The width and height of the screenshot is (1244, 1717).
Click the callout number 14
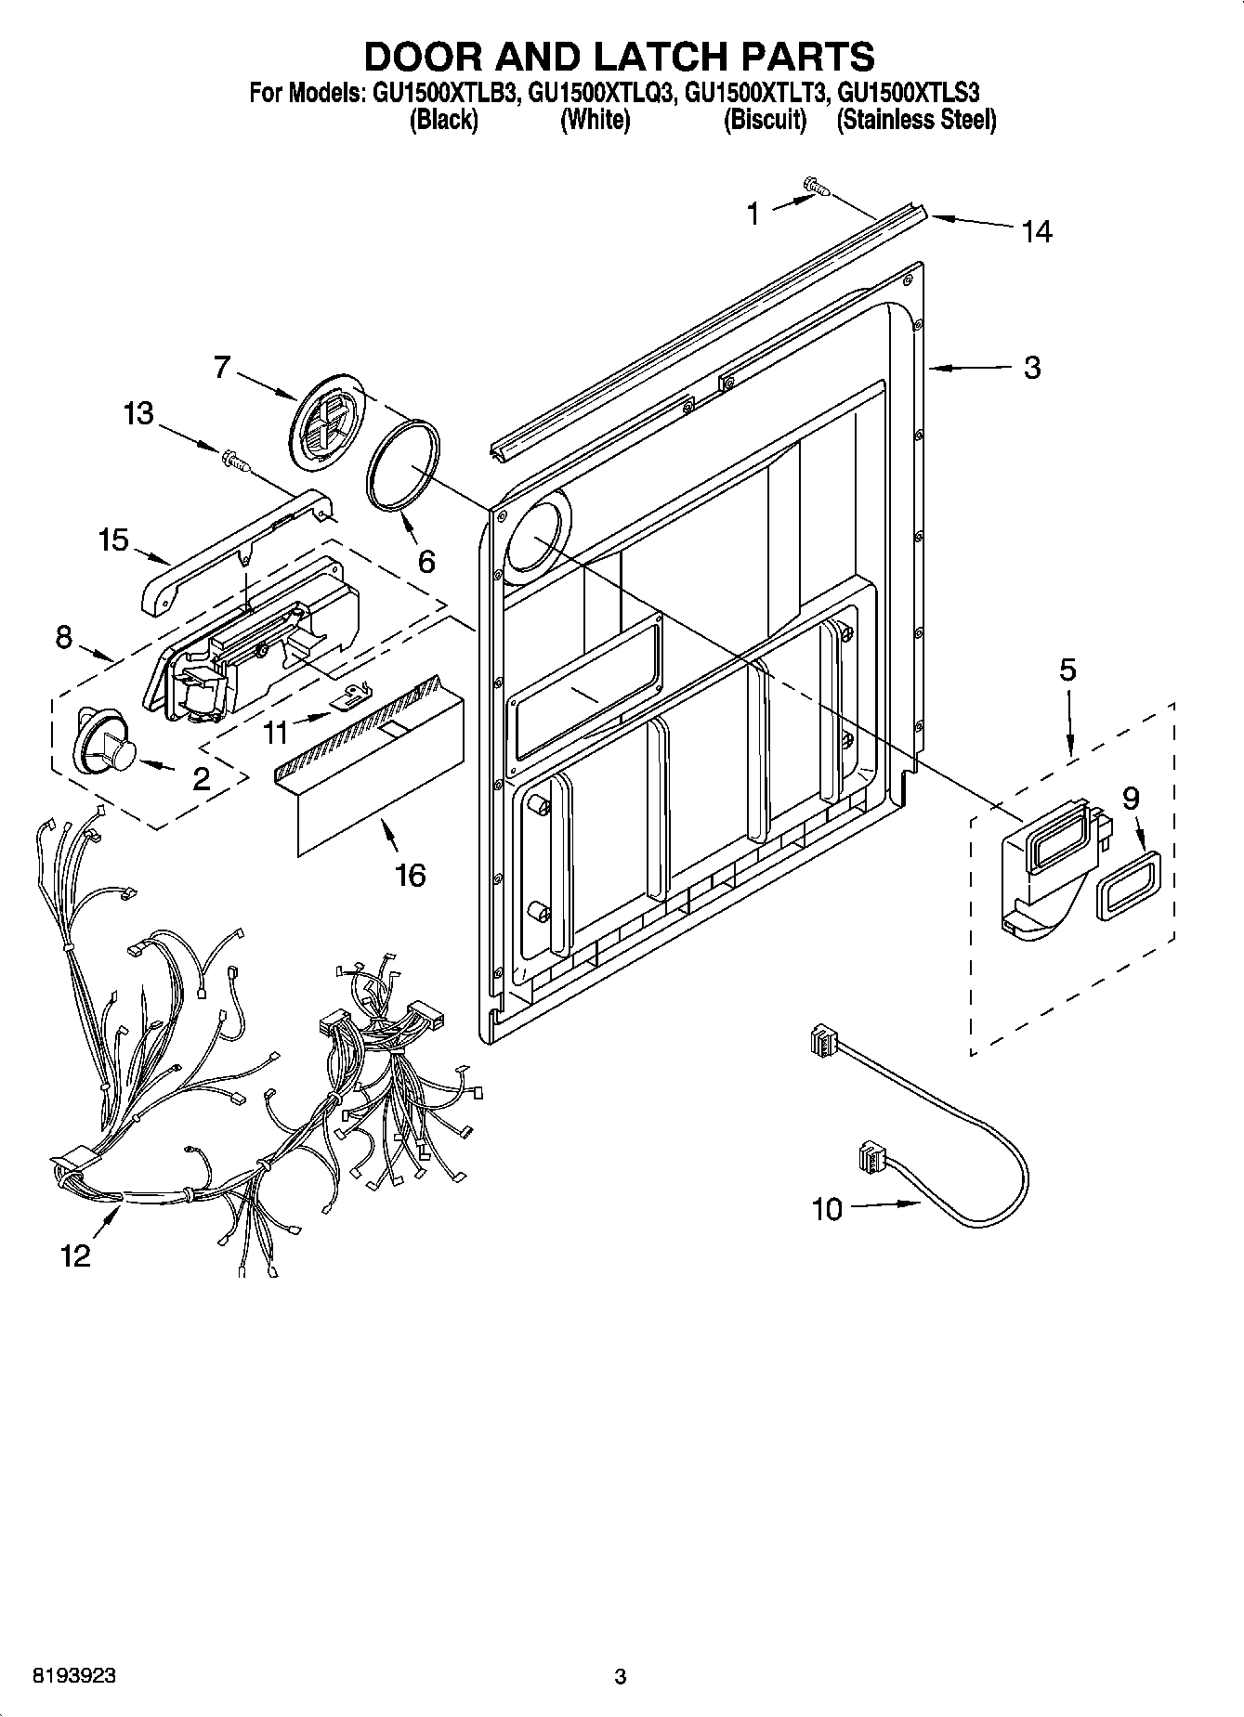[x=1037, y=231]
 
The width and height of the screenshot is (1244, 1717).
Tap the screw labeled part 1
[x=817, y=189]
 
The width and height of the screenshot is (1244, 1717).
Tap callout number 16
[x=410, y=874]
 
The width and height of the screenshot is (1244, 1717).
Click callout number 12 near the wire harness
[x=75, y=1255]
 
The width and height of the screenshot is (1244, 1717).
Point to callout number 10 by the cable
[x=826, y=1209]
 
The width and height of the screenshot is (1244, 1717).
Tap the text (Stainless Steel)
[x=916, y=121]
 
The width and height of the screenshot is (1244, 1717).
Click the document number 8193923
[x=74, y=1675]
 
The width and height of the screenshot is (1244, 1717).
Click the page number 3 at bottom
[x=621, y=1676]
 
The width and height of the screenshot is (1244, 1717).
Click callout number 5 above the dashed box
[x=1067, y=670]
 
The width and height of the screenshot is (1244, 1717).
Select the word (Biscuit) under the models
[x=765, y=121]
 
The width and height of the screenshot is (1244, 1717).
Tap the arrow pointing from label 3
[x=966, y=370]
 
